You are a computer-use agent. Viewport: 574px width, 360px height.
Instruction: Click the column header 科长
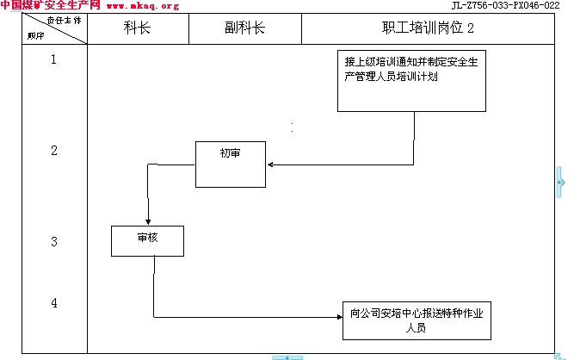[137, 28]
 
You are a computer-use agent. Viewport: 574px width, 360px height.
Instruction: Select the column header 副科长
[244, 28]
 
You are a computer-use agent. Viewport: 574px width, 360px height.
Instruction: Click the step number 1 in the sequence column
[54, 59]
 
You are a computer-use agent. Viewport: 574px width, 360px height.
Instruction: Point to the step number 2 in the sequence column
[54, 151]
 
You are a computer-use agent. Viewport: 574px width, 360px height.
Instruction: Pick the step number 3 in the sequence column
[54, 242]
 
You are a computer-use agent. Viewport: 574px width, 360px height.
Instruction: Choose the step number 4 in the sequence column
[54, 303]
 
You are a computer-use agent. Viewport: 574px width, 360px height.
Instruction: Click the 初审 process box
[230, 164]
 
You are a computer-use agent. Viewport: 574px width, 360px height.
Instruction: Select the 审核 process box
[147, 240]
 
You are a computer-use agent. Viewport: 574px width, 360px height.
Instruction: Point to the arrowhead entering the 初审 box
[269, 164]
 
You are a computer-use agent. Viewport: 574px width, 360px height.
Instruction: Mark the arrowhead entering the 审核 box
[148, 222]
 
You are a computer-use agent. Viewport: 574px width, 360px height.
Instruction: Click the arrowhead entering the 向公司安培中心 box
[338, 318]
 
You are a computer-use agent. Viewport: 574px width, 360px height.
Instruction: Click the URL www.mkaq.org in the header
[142, 6]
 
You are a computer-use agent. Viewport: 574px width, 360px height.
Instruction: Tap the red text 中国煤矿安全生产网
[50, 6]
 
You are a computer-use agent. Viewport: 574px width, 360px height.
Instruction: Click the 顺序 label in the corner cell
[35, 36]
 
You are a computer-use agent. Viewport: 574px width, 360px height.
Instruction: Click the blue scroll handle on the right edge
[560, 183]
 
